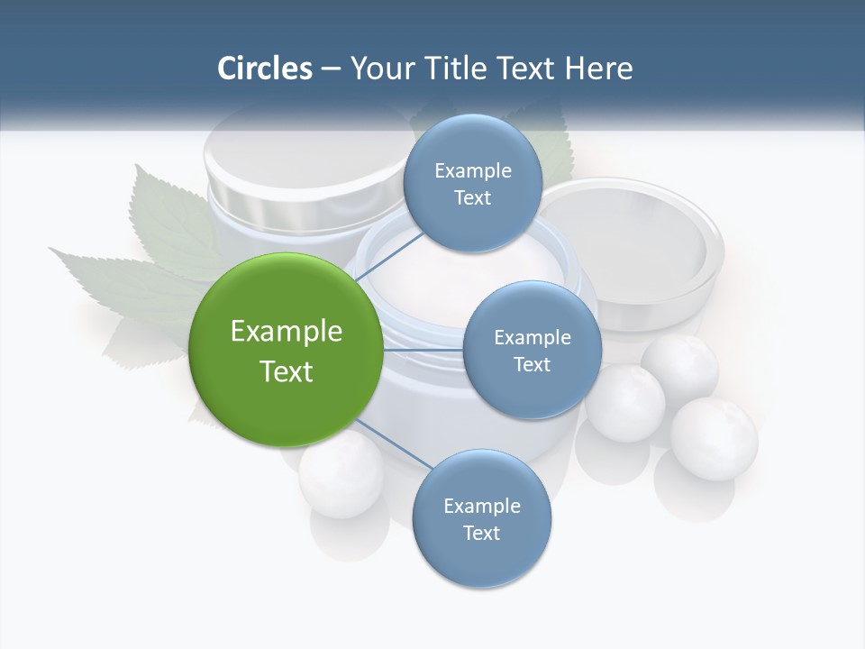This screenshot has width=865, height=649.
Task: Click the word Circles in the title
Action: [x=264, y=69]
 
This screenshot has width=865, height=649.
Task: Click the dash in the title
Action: [x=331, y=69]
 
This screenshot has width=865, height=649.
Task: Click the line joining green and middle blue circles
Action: [x=423, y=350]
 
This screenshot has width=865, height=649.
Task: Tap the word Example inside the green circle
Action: [x=287, y=332]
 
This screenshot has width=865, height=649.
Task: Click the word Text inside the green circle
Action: [x=287, y=371]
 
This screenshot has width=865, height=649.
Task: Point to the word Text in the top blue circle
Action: [x=472, y=198]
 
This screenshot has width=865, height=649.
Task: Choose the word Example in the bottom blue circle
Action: [x=481, y=506]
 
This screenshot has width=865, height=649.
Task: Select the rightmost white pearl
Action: [x=715, y=439]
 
